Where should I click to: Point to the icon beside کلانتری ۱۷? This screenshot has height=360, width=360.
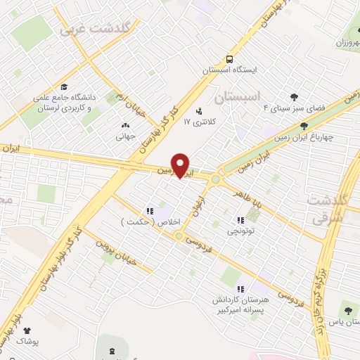pyautogui.click(x=199, y=110)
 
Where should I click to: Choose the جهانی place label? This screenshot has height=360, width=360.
pyautogui.click(x=125, y=137)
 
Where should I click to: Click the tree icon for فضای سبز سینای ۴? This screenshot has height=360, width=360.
pyautogui.click(x=294, y=97)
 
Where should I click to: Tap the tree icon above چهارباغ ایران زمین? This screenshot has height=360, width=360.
pyautogui.click(x=303, y=127)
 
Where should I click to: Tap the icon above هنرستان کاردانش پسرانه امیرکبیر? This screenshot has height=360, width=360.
pyautogui.click(x=240, y=288)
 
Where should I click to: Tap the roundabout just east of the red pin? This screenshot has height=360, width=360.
pyautogui.click(x=214, y=179)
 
